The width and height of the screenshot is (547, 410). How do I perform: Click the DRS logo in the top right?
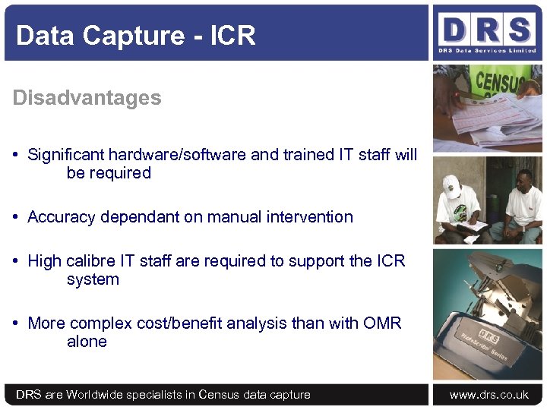coord(486,32)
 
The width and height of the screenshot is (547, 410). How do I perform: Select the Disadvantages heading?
coord(87,98)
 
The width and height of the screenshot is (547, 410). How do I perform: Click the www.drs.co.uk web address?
coord(489,395)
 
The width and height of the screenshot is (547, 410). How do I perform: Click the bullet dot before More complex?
coord(16,323)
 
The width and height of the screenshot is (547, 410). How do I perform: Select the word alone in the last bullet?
coord(87,342)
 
